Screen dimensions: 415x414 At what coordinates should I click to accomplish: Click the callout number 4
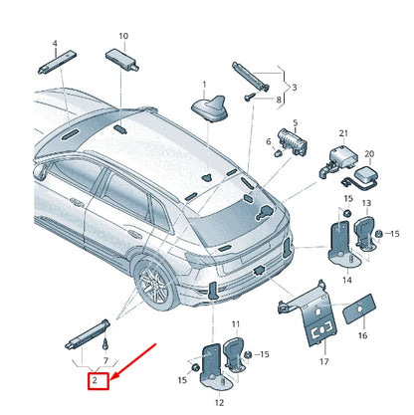(55, 44)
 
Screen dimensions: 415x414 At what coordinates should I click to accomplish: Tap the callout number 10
(123, 36)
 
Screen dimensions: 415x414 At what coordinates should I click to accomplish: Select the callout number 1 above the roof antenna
(205, 85)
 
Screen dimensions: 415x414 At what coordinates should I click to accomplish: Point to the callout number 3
(294, 87)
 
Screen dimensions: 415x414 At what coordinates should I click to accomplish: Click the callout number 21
(343, 133)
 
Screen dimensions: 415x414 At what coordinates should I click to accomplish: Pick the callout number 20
(368, 154)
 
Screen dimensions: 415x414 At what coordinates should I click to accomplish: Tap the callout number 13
(365, 204)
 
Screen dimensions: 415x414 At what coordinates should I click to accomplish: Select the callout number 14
(346, 282)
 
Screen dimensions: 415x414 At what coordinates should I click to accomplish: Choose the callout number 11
(236, 324)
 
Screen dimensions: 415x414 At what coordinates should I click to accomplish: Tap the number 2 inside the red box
(95, 380)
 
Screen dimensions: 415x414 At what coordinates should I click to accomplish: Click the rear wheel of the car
(155, 286)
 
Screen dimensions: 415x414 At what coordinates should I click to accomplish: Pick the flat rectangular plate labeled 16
(358, 311)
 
